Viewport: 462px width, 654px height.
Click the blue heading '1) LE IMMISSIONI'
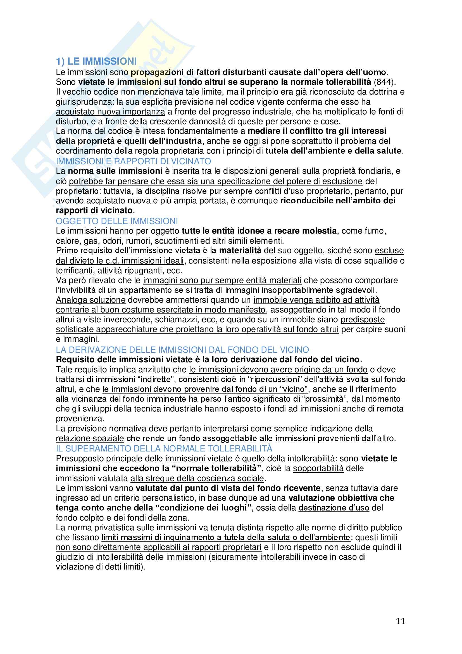tap(96, 61)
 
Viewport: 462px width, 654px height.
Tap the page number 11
tap(401, 621)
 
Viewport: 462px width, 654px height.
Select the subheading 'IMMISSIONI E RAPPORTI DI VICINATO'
tap(134, 161)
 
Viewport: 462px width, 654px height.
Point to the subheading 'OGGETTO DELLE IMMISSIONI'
tap(117, 221)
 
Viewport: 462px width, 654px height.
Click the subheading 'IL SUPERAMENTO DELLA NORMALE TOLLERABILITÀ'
tap(164, 449)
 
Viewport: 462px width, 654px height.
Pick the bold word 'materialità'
tap(240, 250)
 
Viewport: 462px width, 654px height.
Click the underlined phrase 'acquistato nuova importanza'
tap(110, 112)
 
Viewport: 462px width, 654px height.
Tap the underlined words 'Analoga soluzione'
tap(91, 300)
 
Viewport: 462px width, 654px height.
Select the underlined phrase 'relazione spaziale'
tap(90, 438)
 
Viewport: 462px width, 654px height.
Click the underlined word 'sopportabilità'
tap(318, 468)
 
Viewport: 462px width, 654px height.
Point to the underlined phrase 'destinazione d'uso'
tap(334, 508)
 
